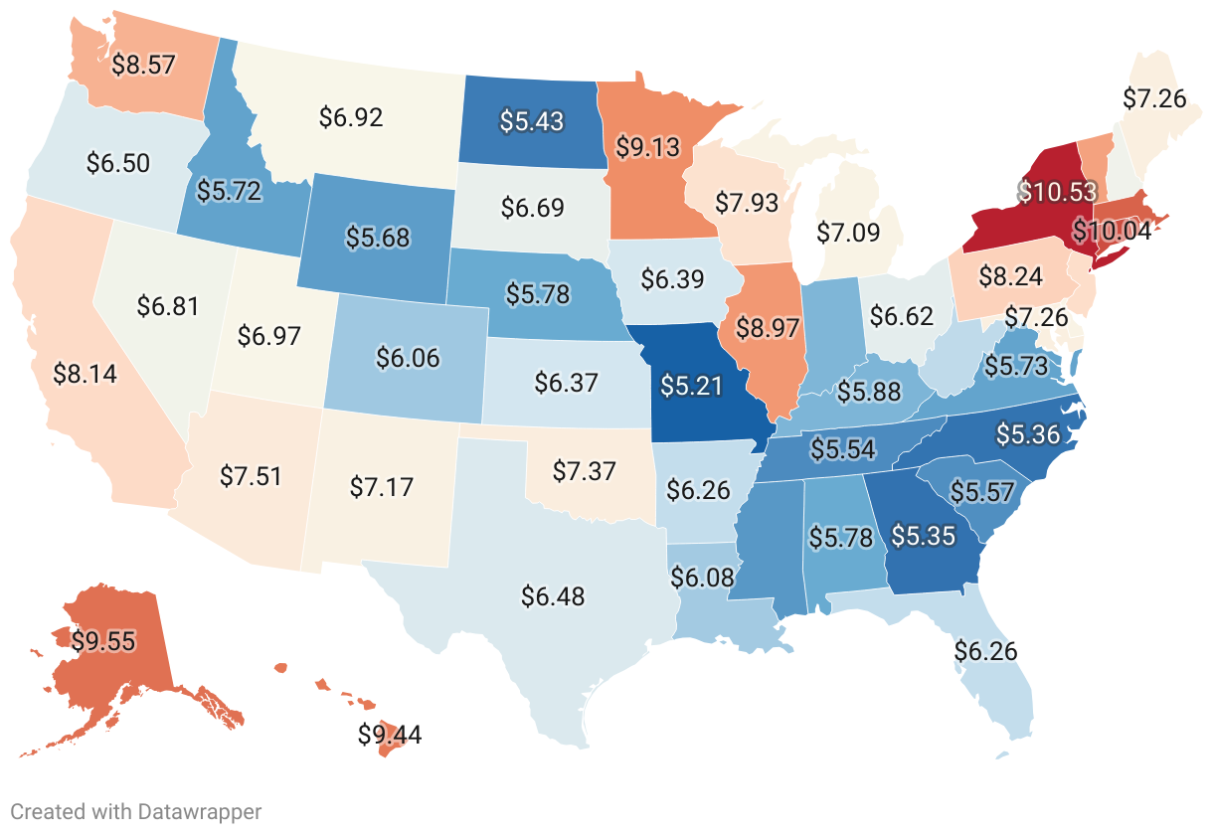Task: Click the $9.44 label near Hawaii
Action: point(390,735)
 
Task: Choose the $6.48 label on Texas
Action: point(553,596)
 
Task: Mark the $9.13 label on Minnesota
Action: point(647,147)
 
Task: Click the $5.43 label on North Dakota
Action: point(531,121)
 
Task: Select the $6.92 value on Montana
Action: point(351,117)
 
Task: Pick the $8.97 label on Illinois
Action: point(768,326)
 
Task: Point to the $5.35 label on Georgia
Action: point(923,537)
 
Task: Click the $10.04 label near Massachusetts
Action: point(1112,232)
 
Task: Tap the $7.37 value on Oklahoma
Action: point(585,469)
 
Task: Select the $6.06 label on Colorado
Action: point(408,358)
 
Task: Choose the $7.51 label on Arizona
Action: point(250,474)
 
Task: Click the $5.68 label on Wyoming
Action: point(378,238)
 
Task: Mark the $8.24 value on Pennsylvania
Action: point(1011,276)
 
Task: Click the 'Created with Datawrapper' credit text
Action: point(136,811)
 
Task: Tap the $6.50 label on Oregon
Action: point(118,163)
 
